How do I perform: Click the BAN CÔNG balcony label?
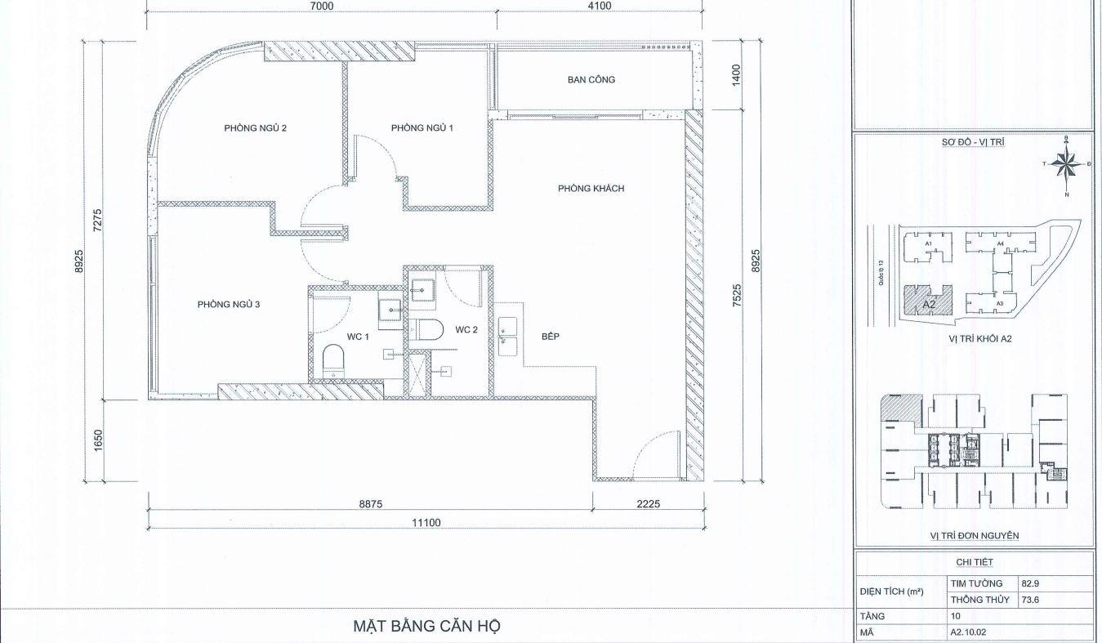point(591,80)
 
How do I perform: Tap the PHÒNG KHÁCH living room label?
point(591,189)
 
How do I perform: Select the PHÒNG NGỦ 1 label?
point(422,127)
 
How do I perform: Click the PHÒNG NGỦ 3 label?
point(228,305)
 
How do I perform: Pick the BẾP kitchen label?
point(550,337)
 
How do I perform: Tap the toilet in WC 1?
point(333,359)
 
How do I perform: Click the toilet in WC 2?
point(425,330)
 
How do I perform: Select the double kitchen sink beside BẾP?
point(508,337)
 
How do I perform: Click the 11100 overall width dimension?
point(426,523)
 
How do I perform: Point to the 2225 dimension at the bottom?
point(647,504)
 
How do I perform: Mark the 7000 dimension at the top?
point(322,7)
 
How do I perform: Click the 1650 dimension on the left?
point(99,441)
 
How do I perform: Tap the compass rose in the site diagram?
point(1065,165)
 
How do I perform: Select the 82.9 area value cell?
point(1029,584)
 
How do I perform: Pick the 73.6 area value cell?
point(1029,601)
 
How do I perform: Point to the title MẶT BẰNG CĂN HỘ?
point(426,627)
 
